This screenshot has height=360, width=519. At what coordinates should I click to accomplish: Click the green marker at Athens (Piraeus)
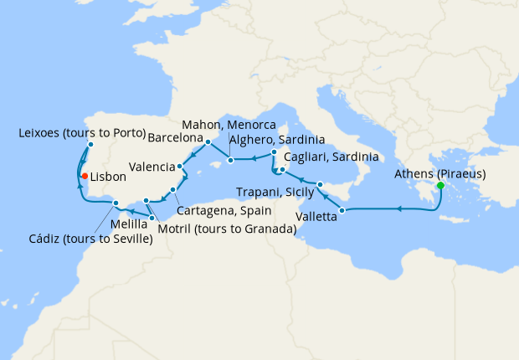coord(440,185)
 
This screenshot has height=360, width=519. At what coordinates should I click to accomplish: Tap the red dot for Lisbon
coord(84,176)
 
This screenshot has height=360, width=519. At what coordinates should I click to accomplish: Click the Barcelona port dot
coord(208,141)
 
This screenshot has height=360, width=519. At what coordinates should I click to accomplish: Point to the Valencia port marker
coord(180,166)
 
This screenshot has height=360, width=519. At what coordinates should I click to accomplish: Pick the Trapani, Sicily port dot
coord(320,183)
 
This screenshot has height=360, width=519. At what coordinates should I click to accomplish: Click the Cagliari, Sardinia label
coord(331,157)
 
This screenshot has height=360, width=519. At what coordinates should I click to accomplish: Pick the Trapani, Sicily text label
coord(275,193)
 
